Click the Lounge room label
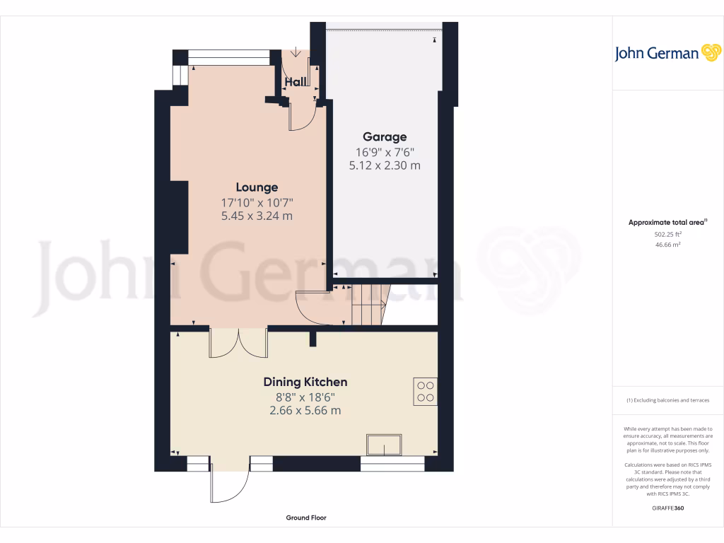point(257,187)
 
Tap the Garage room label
point(385,136)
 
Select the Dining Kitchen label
point(305,382)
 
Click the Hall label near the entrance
point(296,82)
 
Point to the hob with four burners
point(426,391)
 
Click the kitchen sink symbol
point(383,445)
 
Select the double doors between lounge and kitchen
point(238,343)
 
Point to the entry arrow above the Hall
point(295,56)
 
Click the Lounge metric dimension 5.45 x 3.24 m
point(257,216)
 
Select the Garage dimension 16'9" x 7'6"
point(385,151)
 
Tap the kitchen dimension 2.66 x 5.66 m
point(305,410)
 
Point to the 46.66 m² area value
point(667,245)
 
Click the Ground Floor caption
point(306,518)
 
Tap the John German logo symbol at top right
point(710,53)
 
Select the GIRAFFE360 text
point(667,508)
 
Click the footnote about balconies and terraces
point(667,401)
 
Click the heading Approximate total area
point(667,222)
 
